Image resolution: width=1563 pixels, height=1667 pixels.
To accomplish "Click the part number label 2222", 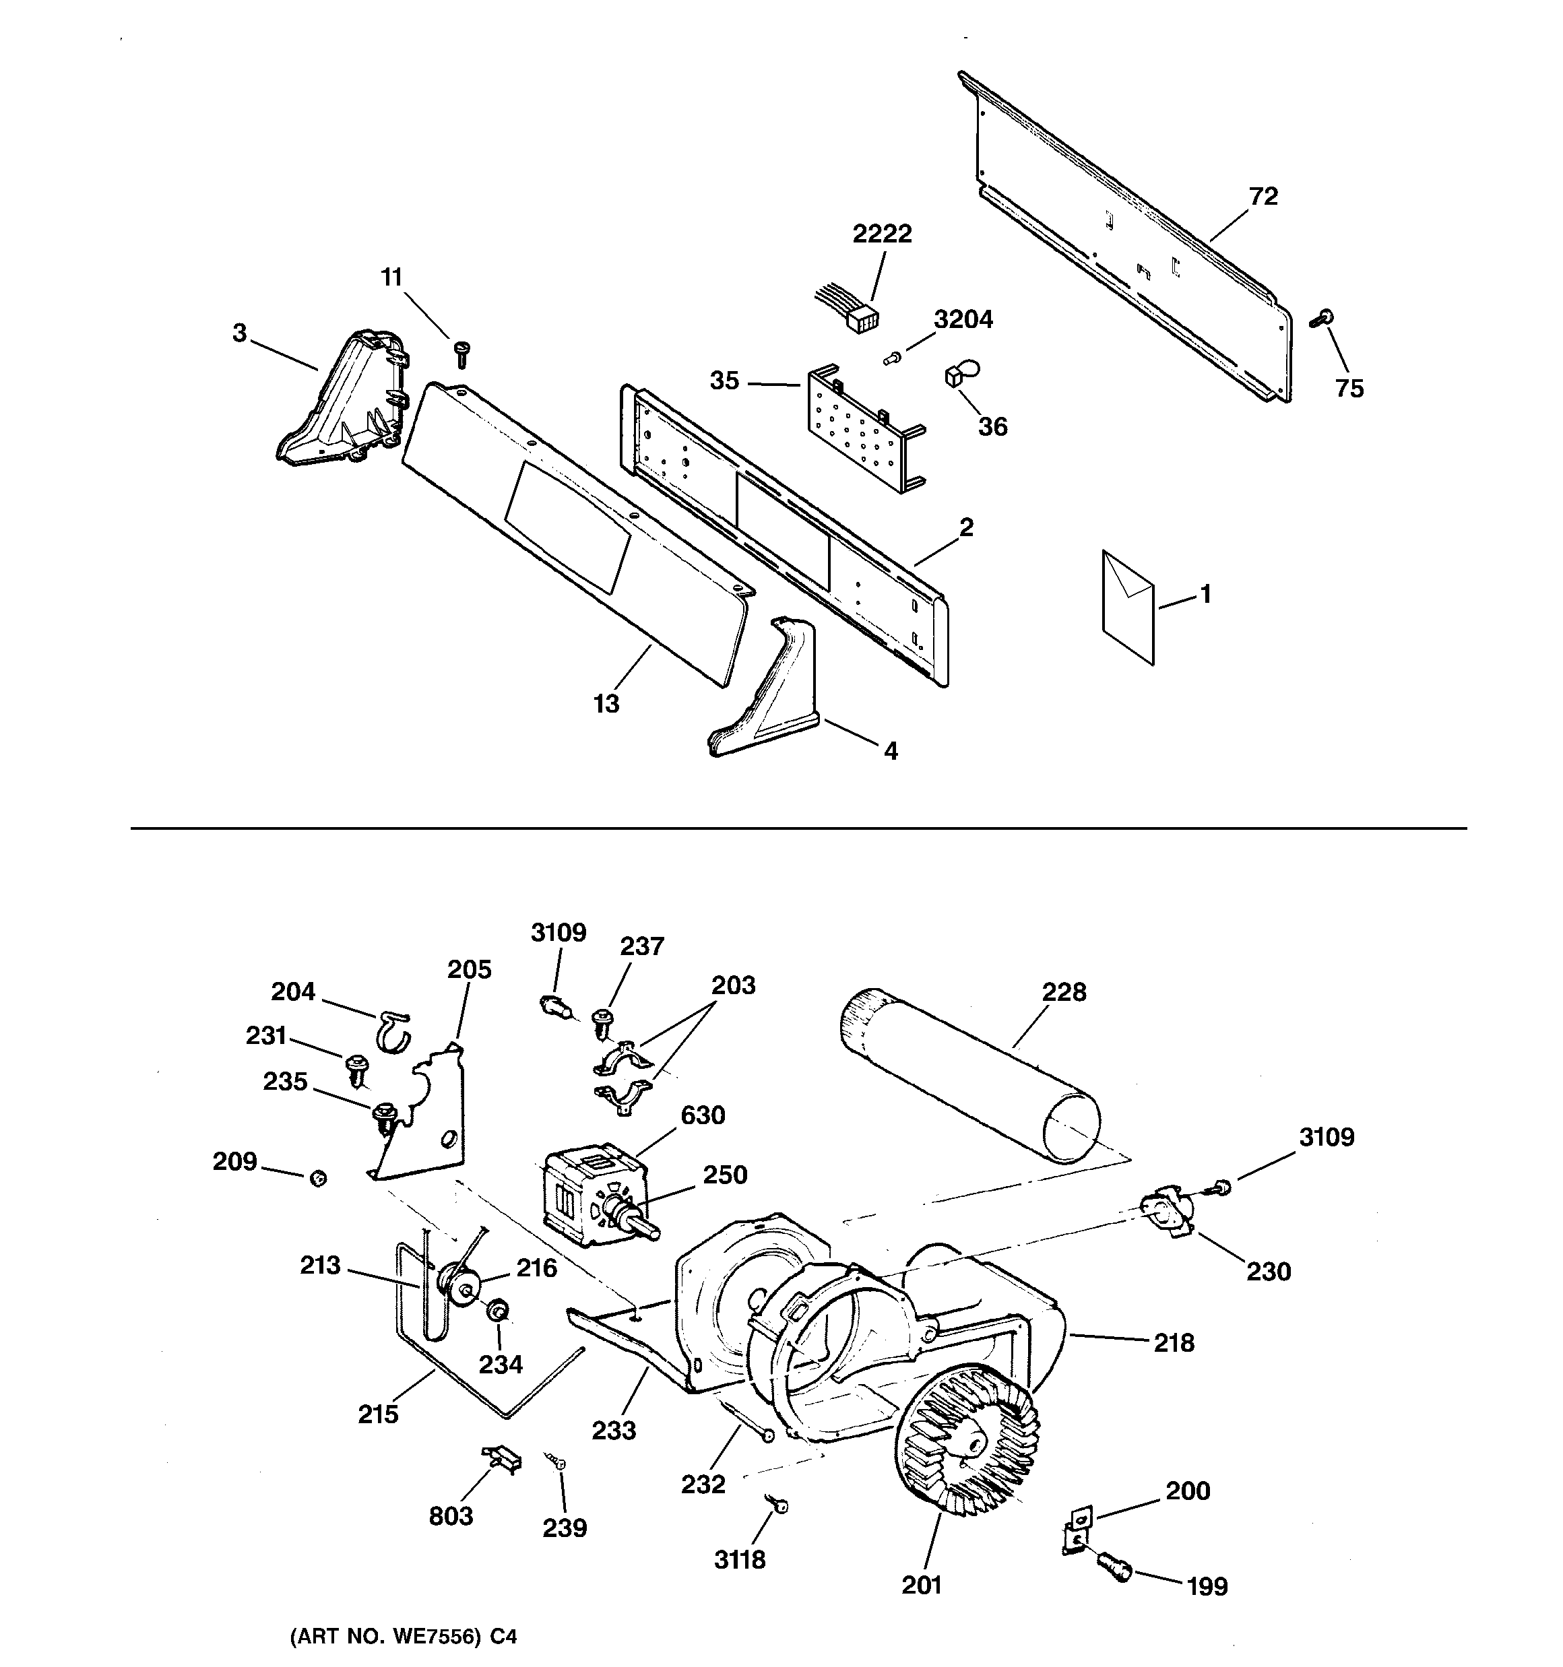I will [882, 234].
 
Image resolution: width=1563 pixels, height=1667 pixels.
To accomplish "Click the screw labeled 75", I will [1321, 319].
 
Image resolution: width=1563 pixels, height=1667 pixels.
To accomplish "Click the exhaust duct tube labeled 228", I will [969, 1075].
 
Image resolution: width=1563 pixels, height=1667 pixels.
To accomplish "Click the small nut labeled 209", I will [318, 1178].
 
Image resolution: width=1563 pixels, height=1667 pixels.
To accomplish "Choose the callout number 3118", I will [740, 1560].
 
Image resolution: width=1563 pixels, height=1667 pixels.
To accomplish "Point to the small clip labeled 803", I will [502, 1459].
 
